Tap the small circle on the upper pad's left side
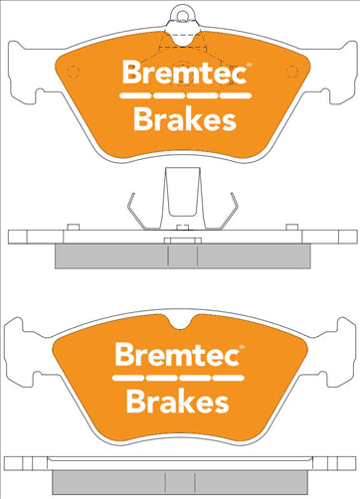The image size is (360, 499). click(68, 71)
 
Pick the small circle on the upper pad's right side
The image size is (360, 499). click(292, 71)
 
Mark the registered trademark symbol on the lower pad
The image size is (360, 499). click(246, 348)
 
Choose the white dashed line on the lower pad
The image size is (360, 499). click(180, 378)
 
